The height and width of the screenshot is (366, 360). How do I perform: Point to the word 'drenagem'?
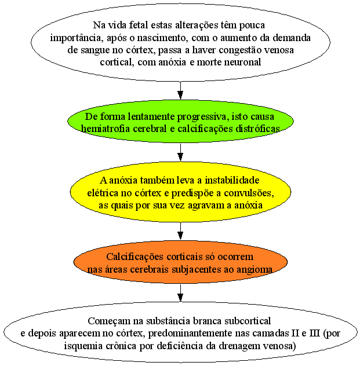coord(237,346)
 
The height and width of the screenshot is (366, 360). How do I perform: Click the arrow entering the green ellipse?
coord(180,90)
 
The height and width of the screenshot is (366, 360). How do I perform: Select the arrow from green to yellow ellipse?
coord(180,152)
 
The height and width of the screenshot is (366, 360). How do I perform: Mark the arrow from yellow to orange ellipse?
coord(180,231)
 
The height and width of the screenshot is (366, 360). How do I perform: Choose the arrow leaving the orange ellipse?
coord(180,293)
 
